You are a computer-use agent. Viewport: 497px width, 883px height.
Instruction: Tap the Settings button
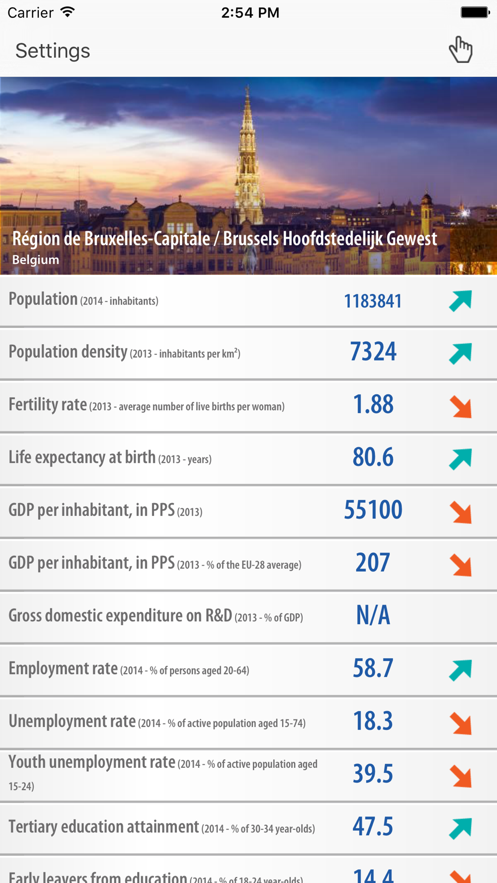pyautogui.click(x=53, y=51)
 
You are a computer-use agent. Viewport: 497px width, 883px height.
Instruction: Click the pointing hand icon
pyautogui.click(x=460, y=50)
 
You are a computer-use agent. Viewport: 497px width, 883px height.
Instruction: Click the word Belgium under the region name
pyautogui.click(x=35, y=260)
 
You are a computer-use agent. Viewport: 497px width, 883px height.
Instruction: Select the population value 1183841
pyautogui.click(x=373, y=301)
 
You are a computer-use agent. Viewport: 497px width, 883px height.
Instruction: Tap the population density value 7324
pyautogui.click(x=373, y=352)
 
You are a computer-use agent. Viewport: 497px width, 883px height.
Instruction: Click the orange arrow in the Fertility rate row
pyautogui.click(x=461, y=407)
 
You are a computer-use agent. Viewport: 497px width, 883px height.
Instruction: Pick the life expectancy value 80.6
pyautogui.click(x=373, y=457)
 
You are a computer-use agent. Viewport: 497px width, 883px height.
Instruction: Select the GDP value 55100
pyautogui.click(x=373, y=510)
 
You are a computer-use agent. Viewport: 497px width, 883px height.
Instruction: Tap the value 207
pyautogui.click(x=373, y=563)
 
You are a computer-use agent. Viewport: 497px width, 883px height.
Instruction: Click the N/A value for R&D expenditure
pyautogui.click(x=373, y=616)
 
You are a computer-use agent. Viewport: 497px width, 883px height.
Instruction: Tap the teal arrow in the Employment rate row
pyautogui.click(x=461, y=670)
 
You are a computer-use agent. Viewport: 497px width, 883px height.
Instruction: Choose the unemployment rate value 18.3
pyautogui.click(x=373, y=721)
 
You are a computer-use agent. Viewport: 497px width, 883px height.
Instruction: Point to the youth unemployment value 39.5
pyautogui.click(x=373, y=774)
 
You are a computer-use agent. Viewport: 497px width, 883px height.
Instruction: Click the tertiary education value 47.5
pyautogui.click(x=373, y=827)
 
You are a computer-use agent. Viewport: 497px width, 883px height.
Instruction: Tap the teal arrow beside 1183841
pyautogui.click(x=461, y=301)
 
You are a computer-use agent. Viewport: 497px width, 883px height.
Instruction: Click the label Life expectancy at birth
pyautogui.click(x=82, y=457)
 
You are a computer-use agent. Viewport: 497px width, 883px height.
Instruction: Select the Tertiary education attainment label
pyautogui.click(x=103, y=827)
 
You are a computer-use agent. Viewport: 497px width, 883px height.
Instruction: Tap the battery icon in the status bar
pyautogui.click(x=475, y=12)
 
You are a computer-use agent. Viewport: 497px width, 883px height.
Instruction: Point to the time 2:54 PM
pyautogui.click(x=250, y=12)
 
